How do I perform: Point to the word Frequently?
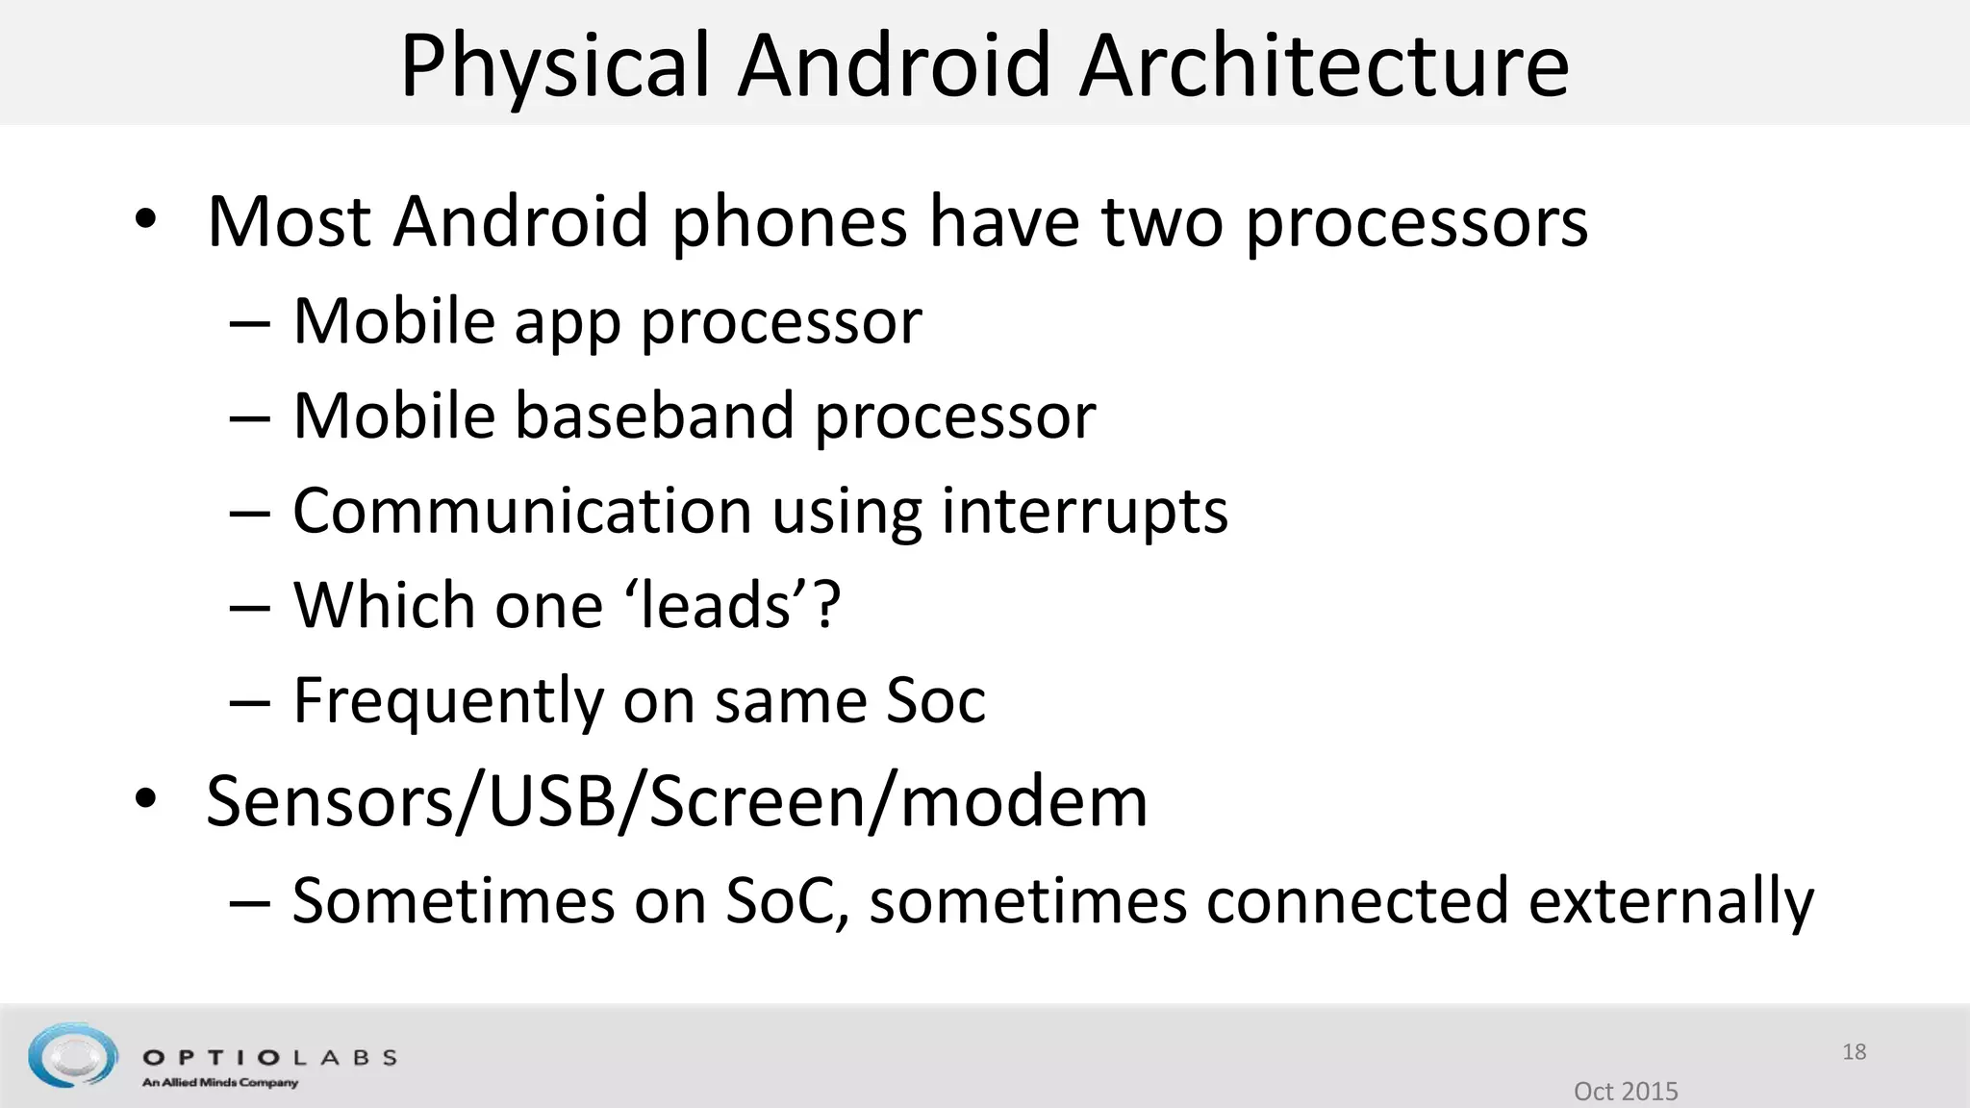point(447,700)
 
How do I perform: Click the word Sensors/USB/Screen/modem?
point(676,801)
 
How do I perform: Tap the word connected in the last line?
point(1356,901)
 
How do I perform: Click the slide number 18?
point(1854,1051)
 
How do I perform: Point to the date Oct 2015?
point(1626,1091)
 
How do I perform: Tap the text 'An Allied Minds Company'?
point(220,1083)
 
